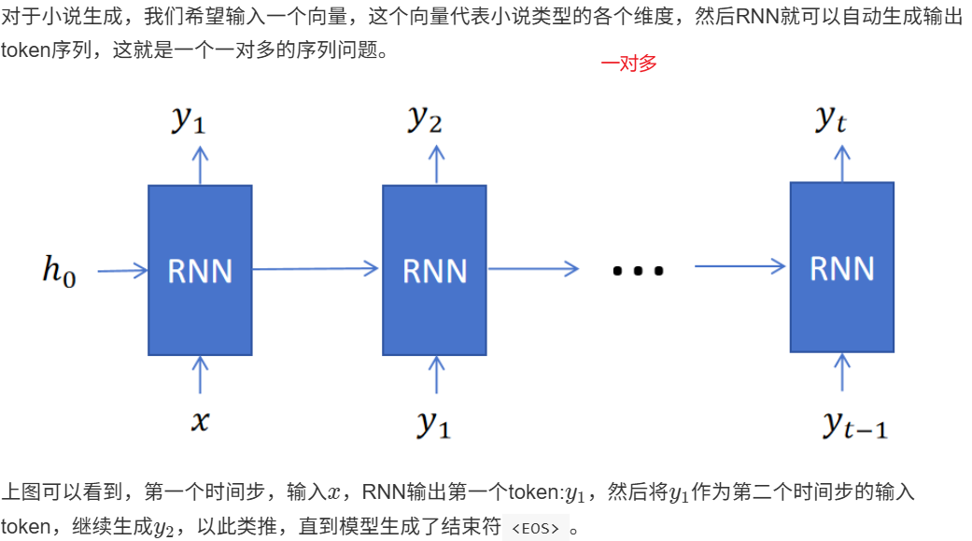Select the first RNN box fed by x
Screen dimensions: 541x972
point(200,270)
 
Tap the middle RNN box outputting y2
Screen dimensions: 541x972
point(434,270)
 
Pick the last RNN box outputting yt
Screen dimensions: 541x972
point(841,267)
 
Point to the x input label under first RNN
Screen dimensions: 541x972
point(200,421)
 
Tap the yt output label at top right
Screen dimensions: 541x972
point(831,119)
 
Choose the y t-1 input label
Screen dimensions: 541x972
point(854,424)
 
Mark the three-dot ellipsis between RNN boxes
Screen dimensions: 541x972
point(638,272)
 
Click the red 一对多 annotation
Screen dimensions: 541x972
point(629,64)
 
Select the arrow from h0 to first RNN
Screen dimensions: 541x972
point(122,271)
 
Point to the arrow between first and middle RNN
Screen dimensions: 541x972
point(316,269)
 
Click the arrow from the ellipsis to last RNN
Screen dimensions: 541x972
point(740,267)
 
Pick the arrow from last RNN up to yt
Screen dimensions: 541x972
point(843,163)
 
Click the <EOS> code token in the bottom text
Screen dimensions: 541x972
point(535,528)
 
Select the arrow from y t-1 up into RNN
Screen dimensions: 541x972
point(843,373)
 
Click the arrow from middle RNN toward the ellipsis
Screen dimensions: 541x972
point(533,269)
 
